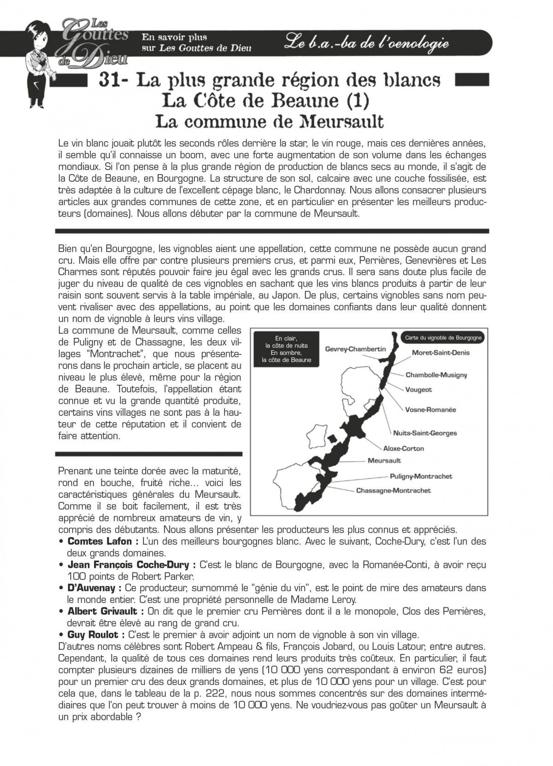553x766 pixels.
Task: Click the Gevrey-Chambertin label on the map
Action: point(355,349)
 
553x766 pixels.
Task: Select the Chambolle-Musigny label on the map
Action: point(436,375)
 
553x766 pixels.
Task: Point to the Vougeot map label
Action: point(418,389)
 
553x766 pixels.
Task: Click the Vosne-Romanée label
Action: point(430,410)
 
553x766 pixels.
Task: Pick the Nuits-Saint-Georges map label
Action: point(425,433)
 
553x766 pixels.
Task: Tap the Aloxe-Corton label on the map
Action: point(403,448)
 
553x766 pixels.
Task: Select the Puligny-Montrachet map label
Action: point(421,476)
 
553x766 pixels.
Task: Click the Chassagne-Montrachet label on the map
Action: point(393,490)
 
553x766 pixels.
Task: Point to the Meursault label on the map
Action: point(384,460)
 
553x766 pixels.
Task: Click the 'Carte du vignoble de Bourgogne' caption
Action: point(443,338)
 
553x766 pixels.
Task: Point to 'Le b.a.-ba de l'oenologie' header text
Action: point(366,43)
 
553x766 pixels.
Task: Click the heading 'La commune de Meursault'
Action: point(270,121)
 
